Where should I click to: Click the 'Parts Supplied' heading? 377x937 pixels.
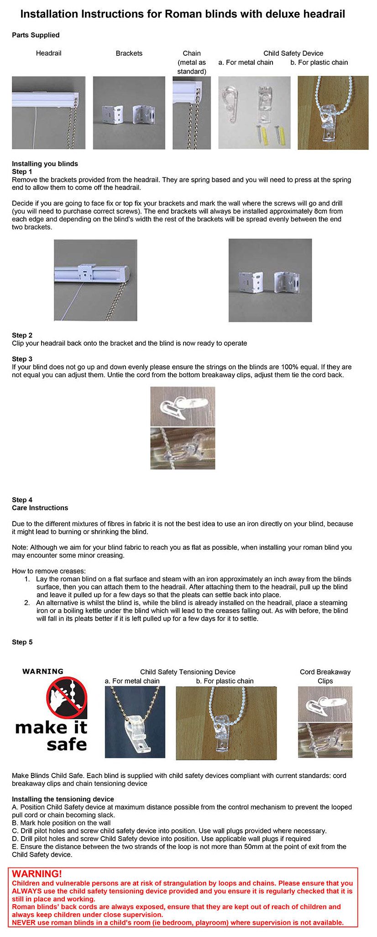click(x=36, y=35)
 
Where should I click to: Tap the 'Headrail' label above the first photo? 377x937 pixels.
click(x=48, y=53)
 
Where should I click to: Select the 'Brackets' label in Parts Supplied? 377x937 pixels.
click(x=129, y=53)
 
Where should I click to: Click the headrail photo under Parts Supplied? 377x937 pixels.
click(x=48, y=112)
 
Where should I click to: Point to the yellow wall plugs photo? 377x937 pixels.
click(x=254, y=112)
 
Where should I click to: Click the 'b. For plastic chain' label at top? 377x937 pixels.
click(x=319, y=63)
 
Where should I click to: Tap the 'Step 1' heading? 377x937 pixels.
click(x=22, y=172)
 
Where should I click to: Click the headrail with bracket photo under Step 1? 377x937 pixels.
click(x=95, y=280)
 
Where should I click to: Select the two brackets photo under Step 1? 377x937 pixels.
click(x=270, y=280)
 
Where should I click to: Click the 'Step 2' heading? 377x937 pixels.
click(x=22, y=335)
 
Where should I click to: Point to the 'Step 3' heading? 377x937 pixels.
click(x=22, y=359)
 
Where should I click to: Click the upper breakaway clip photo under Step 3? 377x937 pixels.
click(x=183, y=406)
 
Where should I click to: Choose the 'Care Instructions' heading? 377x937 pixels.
click(x=40, y=508)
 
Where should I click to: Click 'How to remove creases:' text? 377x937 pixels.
click(x=48, y=571)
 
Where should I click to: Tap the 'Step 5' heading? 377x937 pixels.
click(x=22, y=642)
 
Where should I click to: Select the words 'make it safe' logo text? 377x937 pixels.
click(x=51, y=736)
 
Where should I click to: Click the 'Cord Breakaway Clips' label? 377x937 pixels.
click(x=325, y=676)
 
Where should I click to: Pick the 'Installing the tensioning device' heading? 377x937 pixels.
click(x=63, y=799)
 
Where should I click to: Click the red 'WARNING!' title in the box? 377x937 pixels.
click(x=37, y=874)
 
